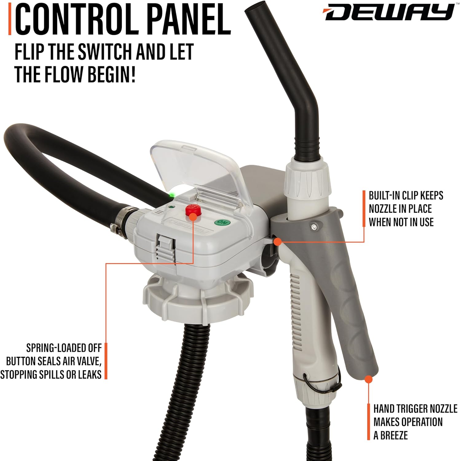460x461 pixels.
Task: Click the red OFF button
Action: (192, 211)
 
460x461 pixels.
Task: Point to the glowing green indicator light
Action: (172, 195)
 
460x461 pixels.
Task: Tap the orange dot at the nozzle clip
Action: (277, 242)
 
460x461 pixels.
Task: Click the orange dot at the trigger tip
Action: (369, 379)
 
